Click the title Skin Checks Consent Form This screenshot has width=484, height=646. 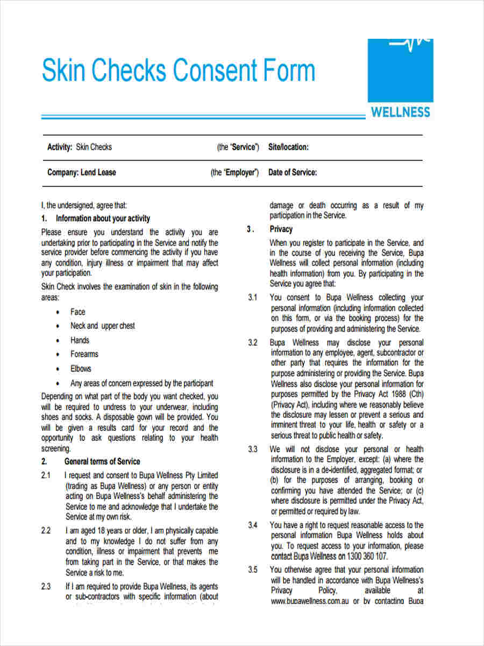[x=178, y=71]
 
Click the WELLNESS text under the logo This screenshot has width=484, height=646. [x=401, y=113]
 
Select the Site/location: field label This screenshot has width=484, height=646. [x=288, y=147]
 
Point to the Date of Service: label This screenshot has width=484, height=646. [x=293, y=173]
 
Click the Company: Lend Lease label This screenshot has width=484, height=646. [x=81, y=173]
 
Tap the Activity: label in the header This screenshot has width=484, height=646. [x=60, y=147]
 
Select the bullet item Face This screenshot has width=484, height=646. [x=77, y=312]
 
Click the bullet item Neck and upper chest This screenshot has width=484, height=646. [x=102, y=326]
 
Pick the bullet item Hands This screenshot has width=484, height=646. [x=80, y=340]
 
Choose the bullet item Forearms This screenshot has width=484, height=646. [x=84, y=354]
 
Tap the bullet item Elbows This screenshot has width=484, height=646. [x=81, y=369]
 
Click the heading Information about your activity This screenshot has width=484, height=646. [x=103, y=219]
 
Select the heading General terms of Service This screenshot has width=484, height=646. [x=102, y=461]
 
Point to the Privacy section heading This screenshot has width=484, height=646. [x=281, y=229]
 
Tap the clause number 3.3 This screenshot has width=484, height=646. [x=253, y=449]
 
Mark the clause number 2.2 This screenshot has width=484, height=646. [x=46, y=531]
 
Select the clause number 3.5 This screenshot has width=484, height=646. [x=253, y=570]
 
